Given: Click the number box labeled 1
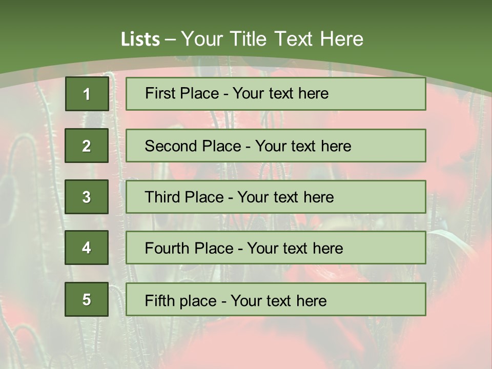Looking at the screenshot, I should pos(87,94).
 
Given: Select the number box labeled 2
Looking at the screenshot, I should pos(87,146).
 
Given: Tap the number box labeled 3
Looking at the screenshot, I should pos(87,197).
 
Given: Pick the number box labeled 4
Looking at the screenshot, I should pos(87,248).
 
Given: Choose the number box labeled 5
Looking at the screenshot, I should pos(87,299).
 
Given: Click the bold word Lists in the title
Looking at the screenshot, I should pos(140,39).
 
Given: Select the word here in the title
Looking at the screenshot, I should pos(342,39).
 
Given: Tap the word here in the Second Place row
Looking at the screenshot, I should pos(336,146).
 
